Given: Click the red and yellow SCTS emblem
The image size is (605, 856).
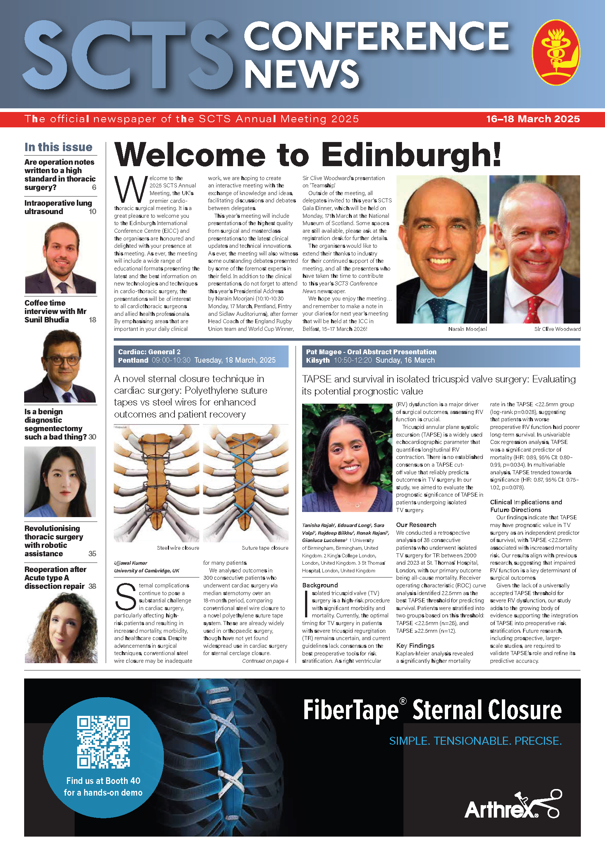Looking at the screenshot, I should [x=556, y=52].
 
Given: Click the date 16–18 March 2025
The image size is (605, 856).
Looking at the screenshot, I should [x=533, y=119].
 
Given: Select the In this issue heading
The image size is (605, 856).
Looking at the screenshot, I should [x=59, y=147].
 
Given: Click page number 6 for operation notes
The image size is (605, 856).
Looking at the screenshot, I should [x=94, y=187].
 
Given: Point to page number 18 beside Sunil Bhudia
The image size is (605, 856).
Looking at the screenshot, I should [x=93, y=320].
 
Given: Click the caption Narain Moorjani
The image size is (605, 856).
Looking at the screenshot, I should [x=467, y=329].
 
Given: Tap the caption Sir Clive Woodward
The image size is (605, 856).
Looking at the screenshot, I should [x=557, y=329].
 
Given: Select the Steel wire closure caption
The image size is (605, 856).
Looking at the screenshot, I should [x=178, y=548].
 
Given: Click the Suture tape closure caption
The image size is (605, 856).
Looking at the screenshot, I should [x=265, y=548].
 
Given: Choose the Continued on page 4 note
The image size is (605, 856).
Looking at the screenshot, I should [x=265, y=661].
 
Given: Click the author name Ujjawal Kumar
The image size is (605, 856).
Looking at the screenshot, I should [x=131, y=563].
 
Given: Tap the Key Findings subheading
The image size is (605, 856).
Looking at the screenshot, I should [x=415, y=645].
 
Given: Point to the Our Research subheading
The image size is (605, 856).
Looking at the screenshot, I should [x=416, y=524].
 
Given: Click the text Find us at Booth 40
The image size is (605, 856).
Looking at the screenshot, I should [x=103, y=781].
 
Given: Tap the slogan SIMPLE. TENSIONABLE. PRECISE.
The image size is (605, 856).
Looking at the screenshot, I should [x=475, y=741].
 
